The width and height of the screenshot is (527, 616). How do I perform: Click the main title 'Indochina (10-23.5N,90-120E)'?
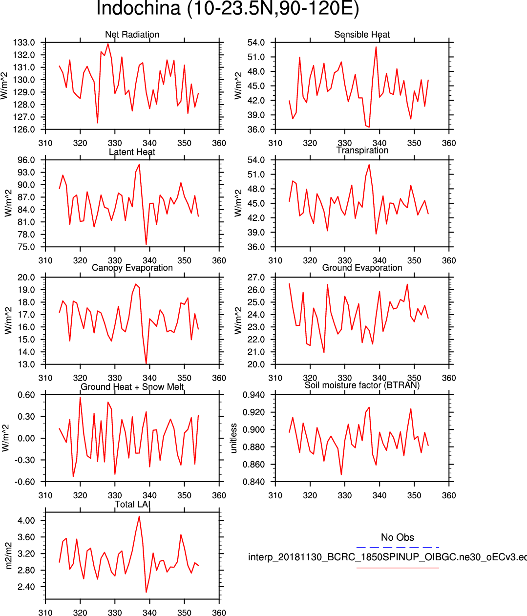tap(228, 9)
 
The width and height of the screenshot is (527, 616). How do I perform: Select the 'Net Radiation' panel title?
tap(132, 35)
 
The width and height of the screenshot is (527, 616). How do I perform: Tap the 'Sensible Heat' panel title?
tap(362, 35)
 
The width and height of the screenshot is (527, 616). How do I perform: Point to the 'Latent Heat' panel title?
tap(132, 152)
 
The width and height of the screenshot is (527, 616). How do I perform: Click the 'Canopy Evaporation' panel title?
tap(132, 268)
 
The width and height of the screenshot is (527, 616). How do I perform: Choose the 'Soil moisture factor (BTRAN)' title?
tap(362, 385)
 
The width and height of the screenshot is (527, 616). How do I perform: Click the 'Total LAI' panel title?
tap(132, 504)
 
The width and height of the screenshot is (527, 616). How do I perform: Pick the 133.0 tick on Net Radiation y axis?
tap(24, 42)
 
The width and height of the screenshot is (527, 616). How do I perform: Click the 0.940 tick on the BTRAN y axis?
tap(254, 395)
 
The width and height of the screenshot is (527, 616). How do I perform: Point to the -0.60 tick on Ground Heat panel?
tap(25, 482)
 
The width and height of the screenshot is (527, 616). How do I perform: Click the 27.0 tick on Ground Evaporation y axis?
tap(256, 277)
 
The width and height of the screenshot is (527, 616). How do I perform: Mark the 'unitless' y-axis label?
tap(233, 438)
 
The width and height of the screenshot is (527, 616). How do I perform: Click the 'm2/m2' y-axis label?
tap(8, 555)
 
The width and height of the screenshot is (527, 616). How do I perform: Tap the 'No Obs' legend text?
tap(397, 537)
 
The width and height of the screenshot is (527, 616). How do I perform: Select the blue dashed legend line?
tap(397, 547)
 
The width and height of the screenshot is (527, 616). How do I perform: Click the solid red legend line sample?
tap(397, 568)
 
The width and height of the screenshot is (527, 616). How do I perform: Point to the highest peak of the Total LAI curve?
tap(139, 516)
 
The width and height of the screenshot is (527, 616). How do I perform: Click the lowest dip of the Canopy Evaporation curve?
tap(146, 364)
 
